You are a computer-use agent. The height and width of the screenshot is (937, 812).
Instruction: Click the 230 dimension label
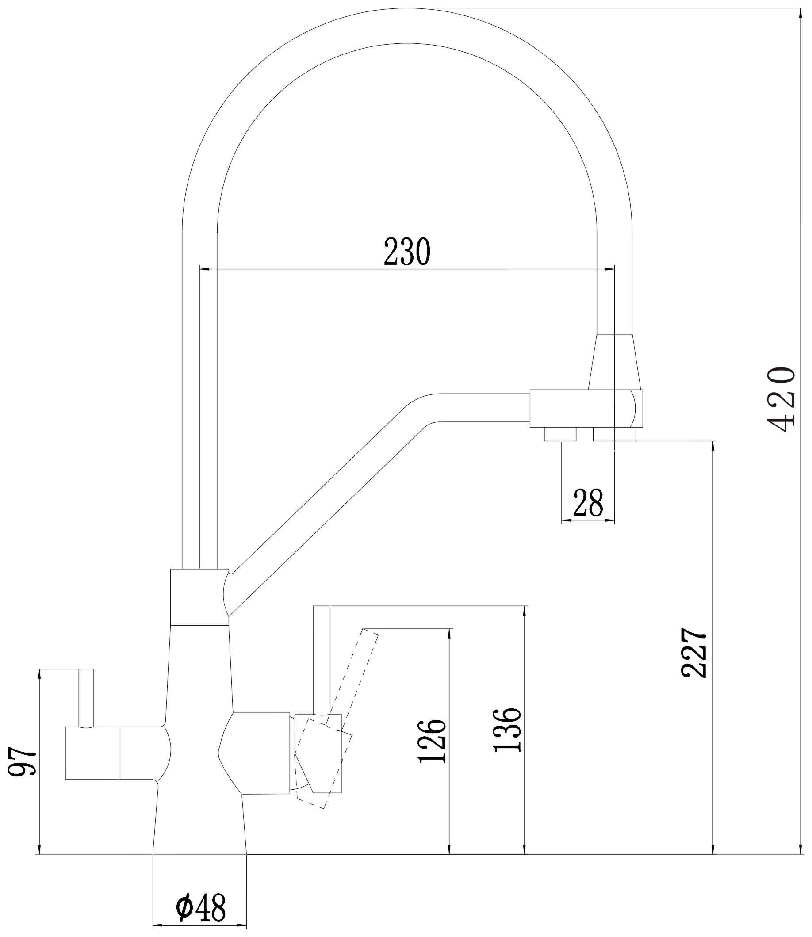pos(407,252)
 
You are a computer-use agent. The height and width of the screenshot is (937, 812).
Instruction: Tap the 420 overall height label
pos(781,399)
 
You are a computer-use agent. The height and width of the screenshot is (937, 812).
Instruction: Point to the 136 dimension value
pos(508,730)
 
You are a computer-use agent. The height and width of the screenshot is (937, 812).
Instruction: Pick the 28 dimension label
pos(588,503)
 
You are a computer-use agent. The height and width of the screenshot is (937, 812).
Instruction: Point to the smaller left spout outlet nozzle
pos(560,434)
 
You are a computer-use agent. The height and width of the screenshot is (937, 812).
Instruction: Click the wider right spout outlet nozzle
pos(614,434)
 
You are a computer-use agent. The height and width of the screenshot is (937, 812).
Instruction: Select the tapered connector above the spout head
pos(614,362)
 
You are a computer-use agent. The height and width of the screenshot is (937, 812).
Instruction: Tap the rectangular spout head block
pos(586,408)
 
